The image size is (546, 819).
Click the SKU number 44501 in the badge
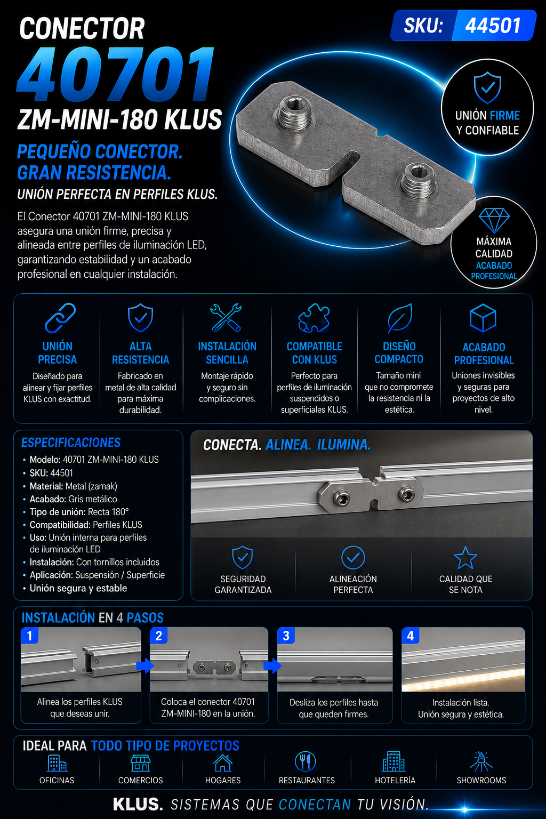pyautogui.click(x=493, y=26)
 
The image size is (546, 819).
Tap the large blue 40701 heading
pyautogui.click(x=116, y=74)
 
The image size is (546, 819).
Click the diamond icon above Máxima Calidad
pyautogui.click(x=494, y=220)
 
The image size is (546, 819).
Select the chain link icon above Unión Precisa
pyautogui.click(x=60, y=318)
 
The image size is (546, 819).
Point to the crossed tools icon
pyautogui.click(x=226, y=318)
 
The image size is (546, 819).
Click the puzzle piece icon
pyautogui.click(x=314, y=318)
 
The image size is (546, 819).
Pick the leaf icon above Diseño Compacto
pyautogui.click(x=400, y=318)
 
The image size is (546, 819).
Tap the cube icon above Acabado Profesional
pyautogui.click(x=483, y=318)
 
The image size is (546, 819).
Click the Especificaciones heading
pyautogui.click(x=71, y=443)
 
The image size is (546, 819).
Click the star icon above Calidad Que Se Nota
pyautogui.click(x=465, y=558)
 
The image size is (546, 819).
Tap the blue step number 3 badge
pyautogui.click(x=286, y=636)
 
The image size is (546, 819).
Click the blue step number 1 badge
pyautogui.click(x=30, y=636)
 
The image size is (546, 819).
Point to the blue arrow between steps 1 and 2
pyautogui.click(x=145, y=666)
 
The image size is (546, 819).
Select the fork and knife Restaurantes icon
pyautogui.click(x=306, y=761)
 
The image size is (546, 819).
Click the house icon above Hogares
pyautogui.click(x=223, y=762)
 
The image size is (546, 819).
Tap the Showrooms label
pyautogui.click(x=481, y=780)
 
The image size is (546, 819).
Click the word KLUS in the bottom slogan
pyautogui.click(x=138, y=804)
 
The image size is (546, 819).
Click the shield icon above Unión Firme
pyautogui.click(x=487, y=87)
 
